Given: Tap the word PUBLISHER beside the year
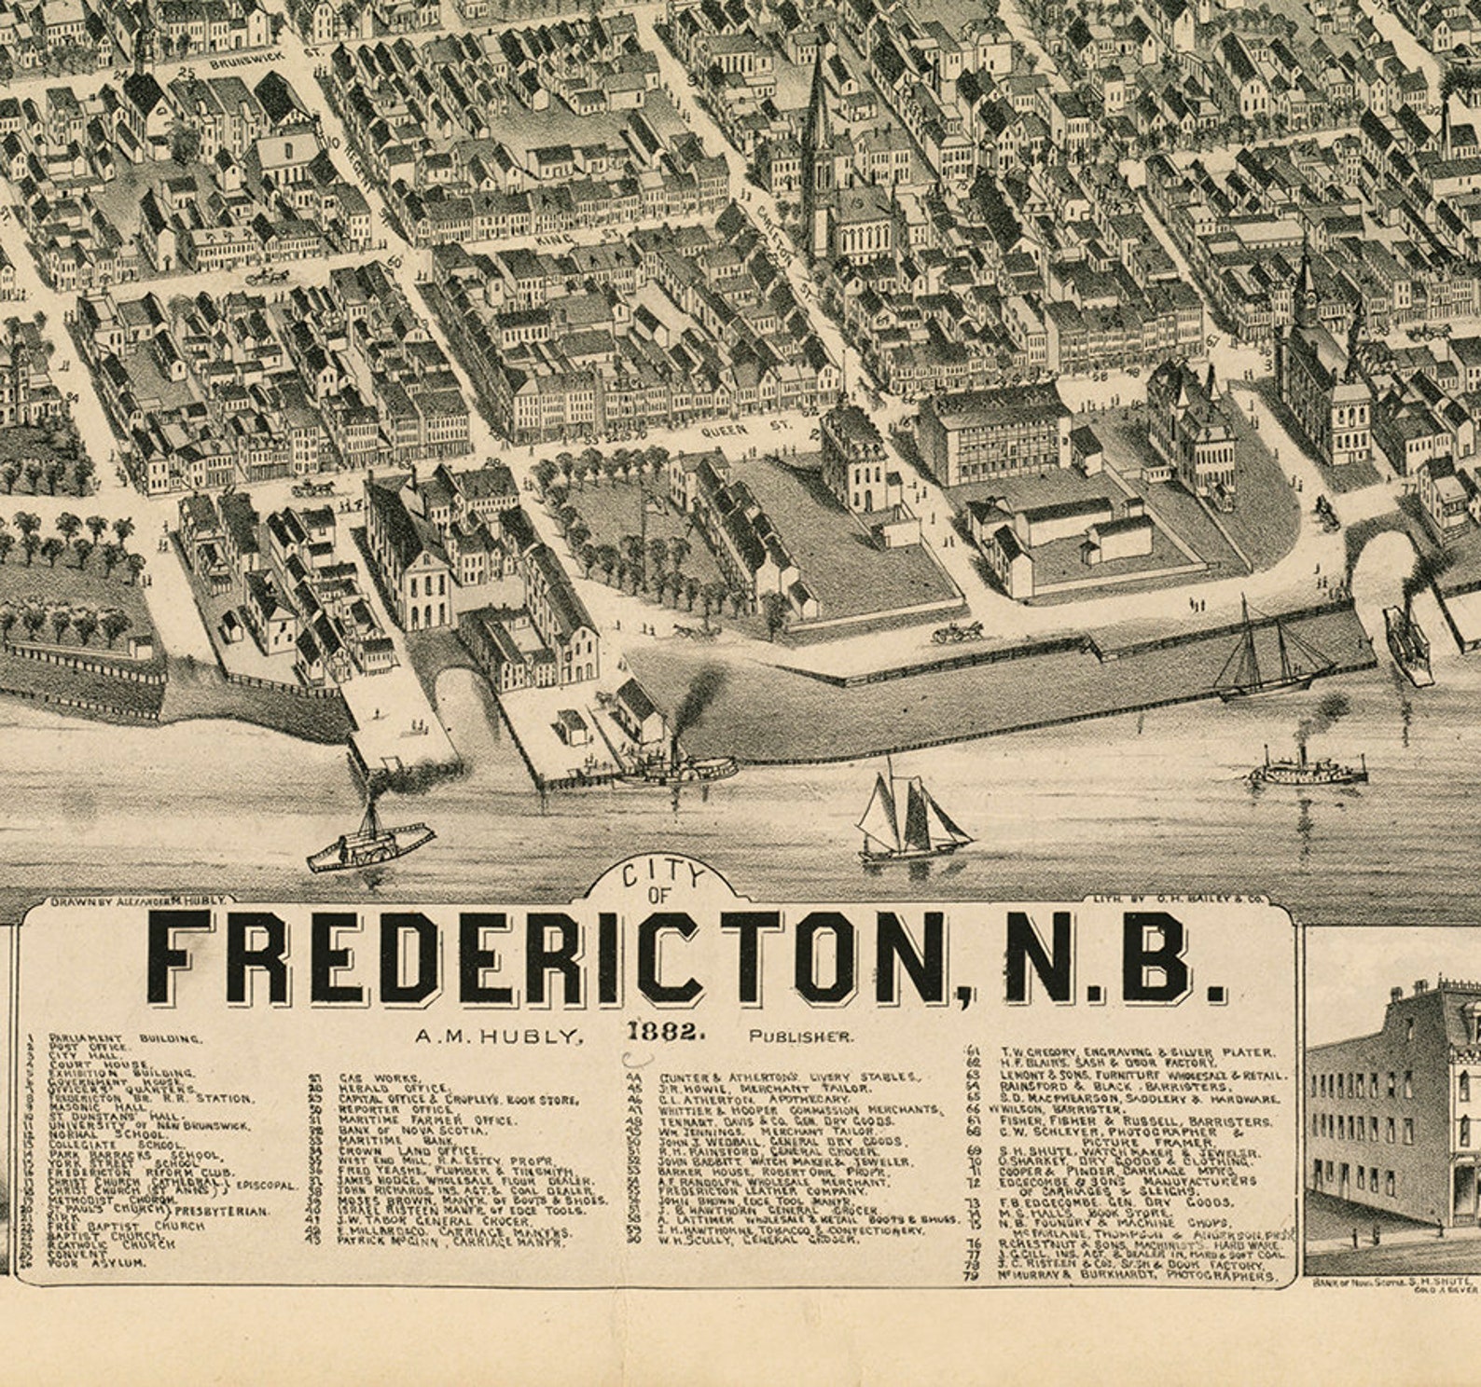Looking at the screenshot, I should pyautogui.click(x=800, y=1035).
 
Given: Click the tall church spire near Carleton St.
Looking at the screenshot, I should pyautogui.click(x=819, y=103).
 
